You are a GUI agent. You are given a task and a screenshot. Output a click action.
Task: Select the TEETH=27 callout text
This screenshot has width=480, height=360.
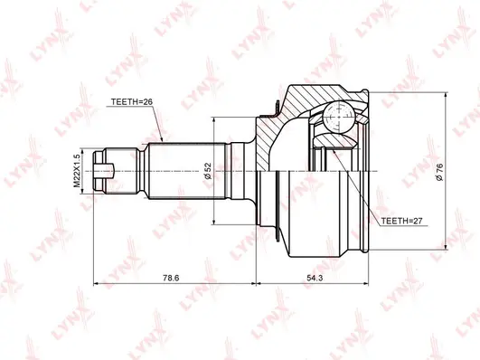(402, 220)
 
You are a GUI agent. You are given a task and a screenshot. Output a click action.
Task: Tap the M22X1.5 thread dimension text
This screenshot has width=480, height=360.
(79, 169)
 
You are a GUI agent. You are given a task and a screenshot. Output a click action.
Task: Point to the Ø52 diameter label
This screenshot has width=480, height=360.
(208, 169)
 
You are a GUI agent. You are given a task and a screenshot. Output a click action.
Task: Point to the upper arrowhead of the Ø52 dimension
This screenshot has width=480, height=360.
(214, 118)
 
